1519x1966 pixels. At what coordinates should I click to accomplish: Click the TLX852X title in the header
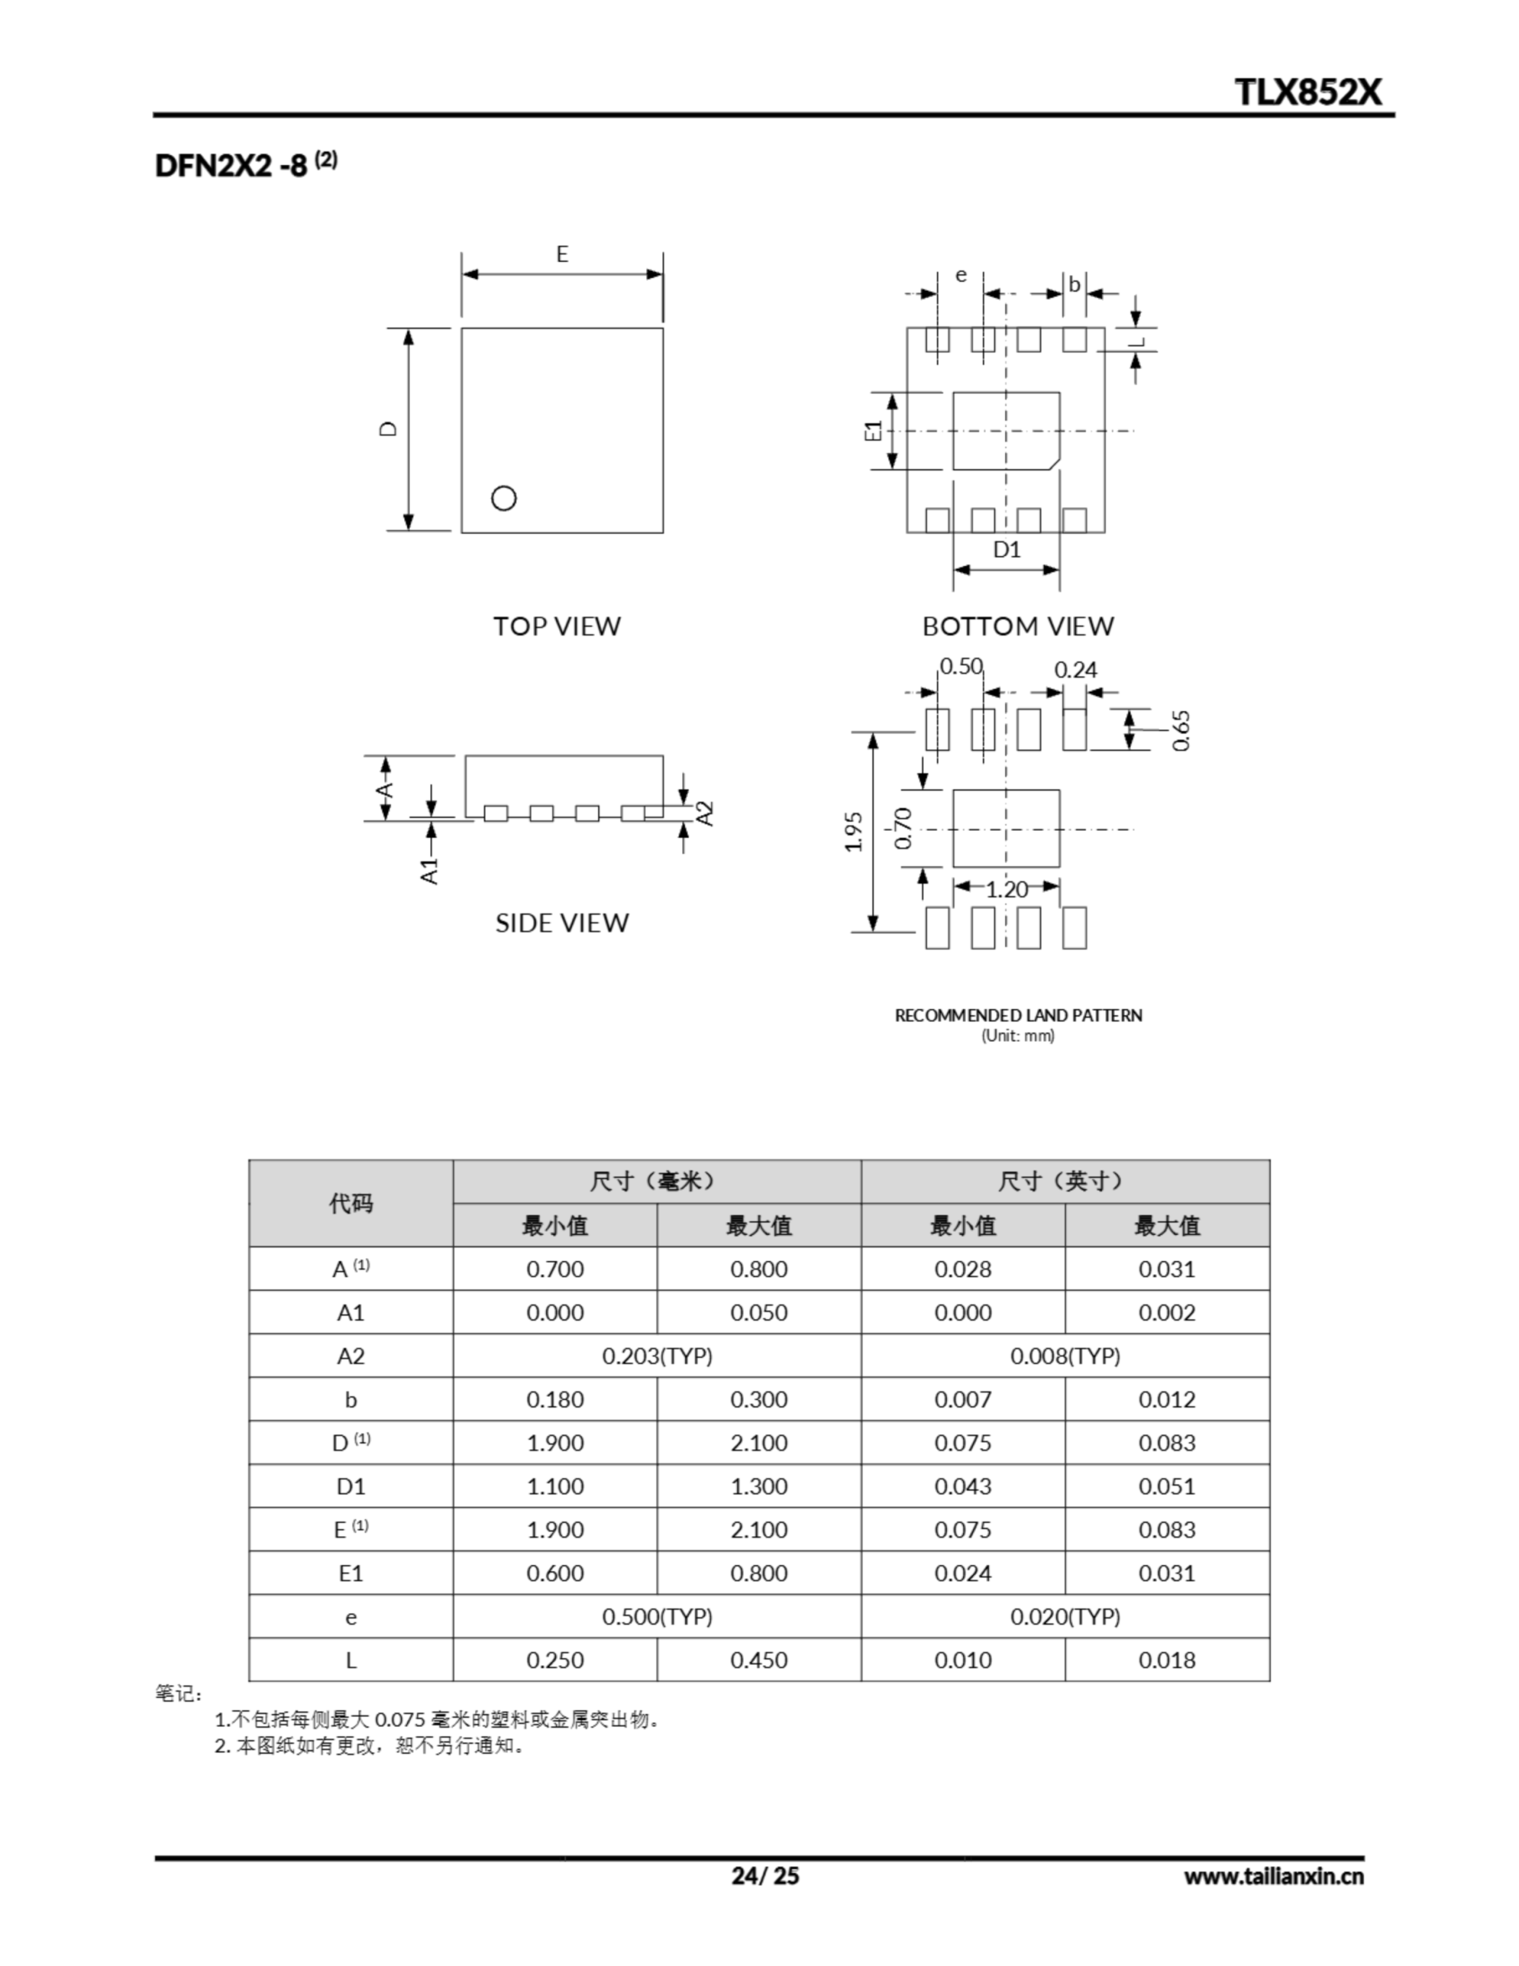tap(1307, 92)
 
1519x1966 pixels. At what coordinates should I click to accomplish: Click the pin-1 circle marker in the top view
tap(503, 498)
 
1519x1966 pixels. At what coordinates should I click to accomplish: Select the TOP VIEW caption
tap(557, 627)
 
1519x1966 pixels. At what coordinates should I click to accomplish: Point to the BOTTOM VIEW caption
tap(1018, 627)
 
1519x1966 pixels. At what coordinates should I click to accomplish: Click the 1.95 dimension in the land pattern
tap(855, 832)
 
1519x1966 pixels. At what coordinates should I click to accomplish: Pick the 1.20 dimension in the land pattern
tap(1007, 890)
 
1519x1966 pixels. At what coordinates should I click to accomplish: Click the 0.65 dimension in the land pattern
tap(1181, 730)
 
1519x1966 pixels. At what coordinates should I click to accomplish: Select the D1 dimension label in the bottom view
tap(1007, 549)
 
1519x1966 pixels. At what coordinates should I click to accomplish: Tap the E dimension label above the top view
tap(562, 255)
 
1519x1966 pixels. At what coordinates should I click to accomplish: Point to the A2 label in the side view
tap(707, 813)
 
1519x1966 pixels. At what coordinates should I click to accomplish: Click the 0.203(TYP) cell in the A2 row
tap(657, 1355)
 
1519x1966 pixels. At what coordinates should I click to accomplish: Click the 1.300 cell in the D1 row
tap(758, 1486)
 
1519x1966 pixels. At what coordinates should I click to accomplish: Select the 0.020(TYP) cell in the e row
tap(1064, 1617)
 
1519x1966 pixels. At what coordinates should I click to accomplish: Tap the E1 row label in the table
tap(350, 1574)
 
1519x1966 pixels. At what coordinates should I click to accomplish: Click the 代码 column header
tap(350, 1203)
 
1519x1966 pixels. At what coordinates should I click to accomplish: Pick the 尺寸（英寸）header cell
tap(1064, 1181)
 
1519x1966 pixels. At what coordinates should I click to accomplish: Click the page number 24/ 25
tap(764, 1876)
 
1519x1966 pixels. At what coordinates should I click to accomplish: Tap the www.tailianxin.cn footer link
tap(1273, 1877)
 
